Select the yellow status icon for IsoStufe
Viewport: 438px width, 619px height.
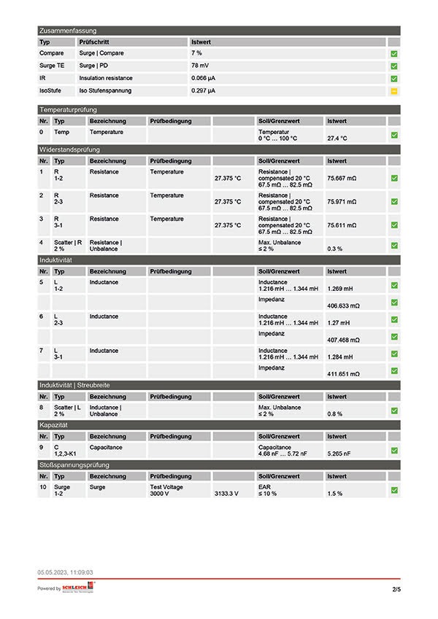coord(393,90)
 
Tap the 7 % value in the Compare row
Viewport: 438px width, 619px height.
coord(197,53)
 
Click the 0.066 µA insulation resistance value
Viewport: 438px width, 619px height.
coord(204,78)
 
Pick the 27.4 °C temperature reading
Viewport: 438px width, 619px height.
coord(337,138)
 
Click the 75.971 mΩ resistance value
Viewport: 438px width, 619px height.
coord(342,202)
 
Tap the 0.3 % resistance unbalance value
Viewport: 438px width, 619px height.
coord(335,249)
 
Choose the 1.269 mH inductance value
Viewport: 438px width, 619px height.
coord(339,288)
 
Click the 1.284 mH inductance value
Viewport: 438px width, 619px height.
coord(339,357)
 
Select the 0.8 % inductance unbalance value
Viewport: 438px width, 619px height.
coord(335,414)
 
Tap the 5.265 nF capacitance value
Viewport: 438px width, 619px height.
coord(339,453)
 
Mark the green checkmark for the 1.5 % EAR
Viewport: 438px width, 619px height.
coord(393,491)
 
